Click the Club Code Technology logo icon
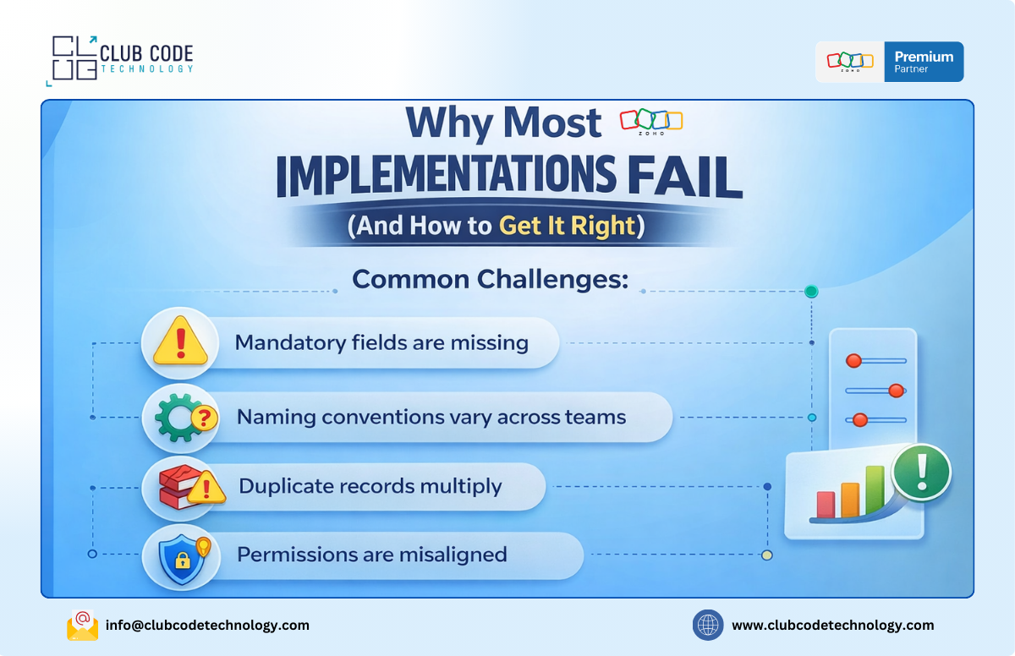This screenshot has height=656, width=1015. (71, 59)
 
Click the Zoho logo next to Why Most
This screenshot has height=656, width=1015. (650, 122)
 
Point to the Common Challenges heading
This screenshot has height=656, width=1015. (491, 280)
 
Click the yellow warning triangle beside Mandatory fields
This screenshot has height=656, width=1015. (180, 343)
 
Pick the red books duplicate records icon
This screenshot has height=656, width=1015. (180, 488)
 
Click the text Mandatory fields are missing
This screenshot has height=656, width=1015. (381, 343)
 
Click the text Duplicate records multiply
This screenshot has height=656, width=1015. (370, 487)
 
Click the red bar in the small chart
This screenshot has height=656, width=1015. (826, 505)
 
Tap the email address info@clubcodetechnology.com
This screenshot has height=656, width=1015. (207, 626)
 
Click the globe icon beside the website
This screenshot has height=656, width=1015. (708, 626)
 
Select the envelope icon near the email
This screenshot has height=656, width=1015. (83, 626)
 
